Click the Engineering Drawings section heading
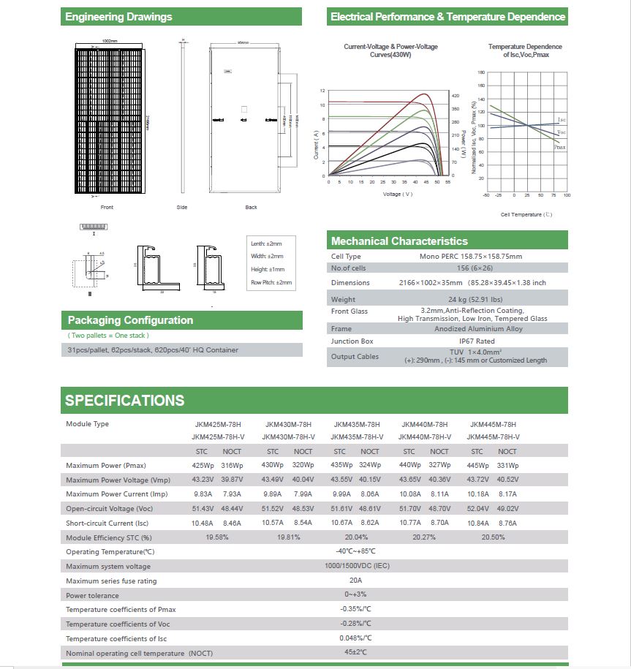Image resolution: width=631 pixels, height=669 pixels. click(118, 17)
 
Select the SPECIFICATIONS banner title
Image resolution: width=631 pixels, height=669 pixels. click(125, 401)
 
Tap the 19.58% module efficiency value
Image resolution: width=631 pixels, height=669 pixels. click(218, 537)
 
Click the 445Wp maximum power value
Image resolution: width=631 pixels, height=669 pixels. click(477, 466)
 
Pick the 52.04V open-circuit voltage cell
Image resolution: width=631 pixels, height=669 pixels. click(478, 509)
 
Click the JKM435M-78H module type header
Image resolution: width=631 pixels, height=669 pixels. click(356, 424)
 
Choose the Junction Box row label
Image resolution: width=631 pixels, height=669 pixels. click(352, 341)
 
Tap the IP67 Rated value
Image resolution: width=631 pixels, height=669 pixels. click(477, 341)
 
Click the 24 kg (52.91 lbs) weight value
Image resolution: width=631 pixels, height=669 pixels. click(477, 299)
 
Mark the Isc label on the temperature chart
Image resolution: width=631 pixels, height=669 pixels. click(561, 119)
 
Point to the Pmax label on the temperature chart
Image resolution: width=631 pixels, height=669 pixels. click(559, 147)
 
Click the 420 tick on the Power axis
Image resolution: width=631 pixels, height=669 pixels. click(455, 96)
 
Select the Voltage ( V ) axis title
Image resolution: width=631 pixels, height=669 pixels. click(398, 194)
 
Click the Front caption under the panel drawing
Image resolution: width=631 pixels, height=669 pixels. click(107, 208)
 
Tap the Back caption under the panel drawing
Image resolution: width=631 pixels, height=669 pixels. click(251, 208)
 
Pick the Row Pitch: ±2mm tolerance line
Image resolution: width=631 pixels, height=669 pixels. click(271, 282)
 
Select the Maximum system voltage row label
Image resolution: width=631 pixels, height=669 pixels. click(108, 567)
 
